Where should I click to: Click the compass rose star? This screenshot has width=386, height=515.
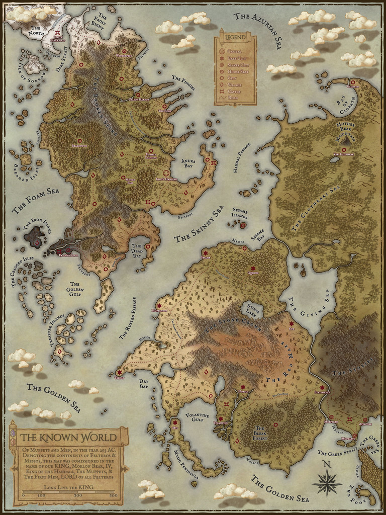pos(327,483)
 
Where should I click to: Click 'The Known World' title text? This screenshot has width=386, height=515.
pos(68,437)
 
